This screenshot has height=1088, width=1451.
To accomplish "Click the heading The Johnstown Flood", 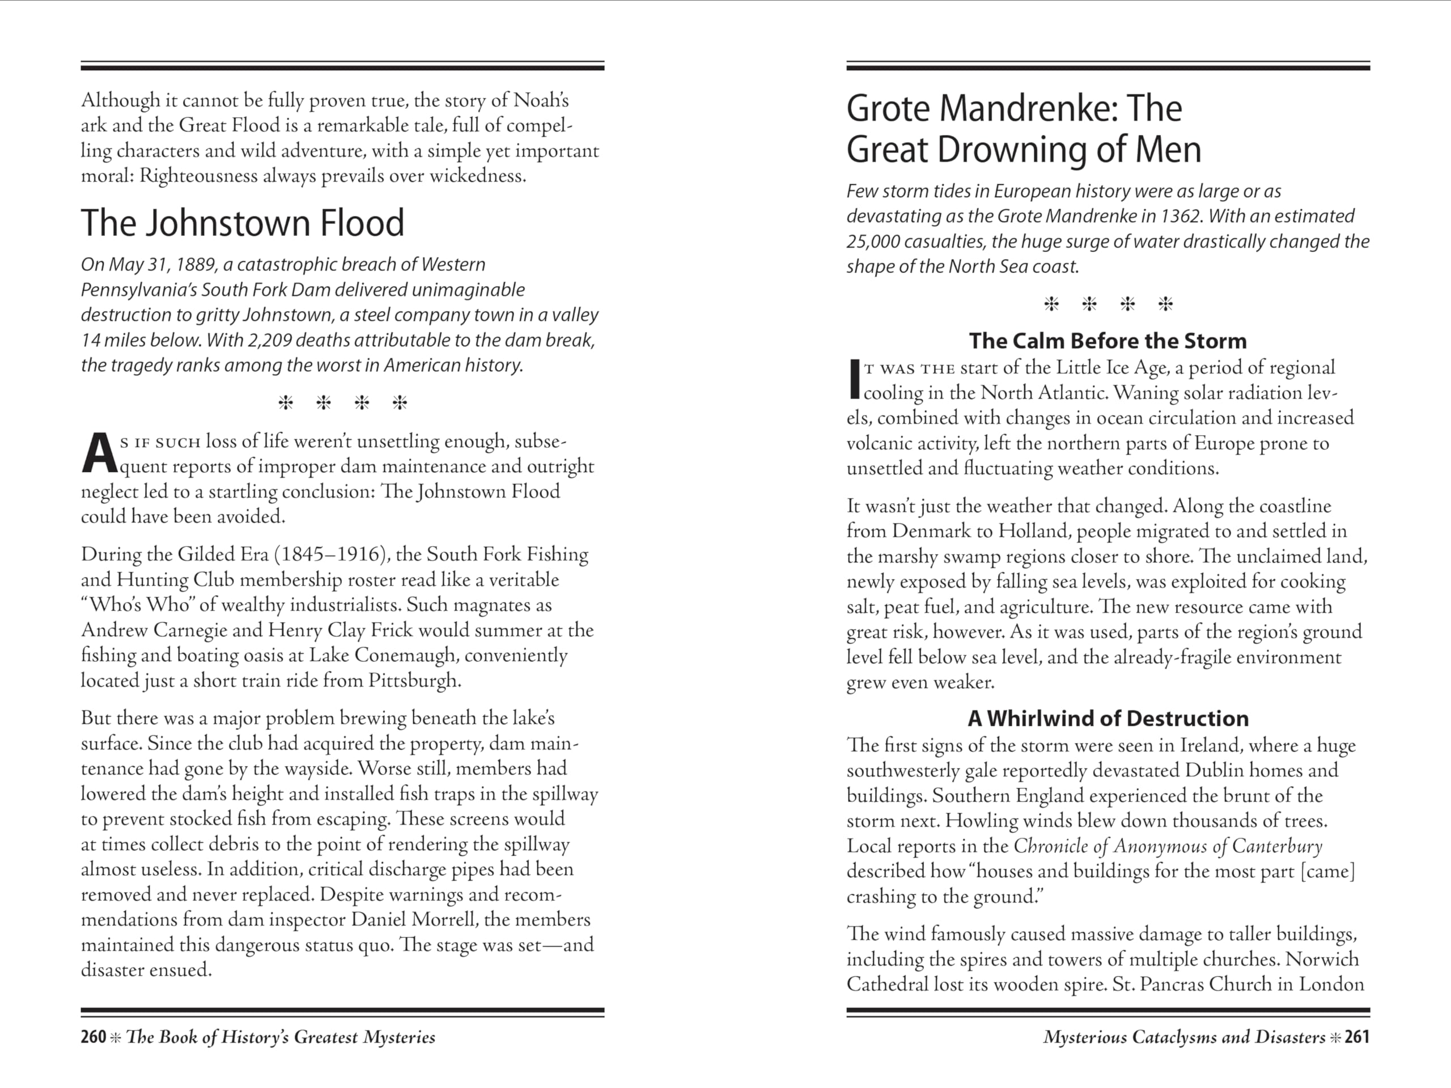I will point(242,223).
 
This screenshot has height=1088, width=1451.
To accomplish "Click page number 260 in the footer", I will point(93,1037).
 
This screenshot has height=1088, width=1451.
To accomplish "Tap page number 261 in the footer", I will point(1356,1037).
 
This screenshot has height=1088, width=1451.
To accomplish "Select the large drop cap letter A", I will point(99,454).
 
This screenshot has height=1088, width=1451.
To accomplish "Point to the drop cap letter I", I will point(854,379).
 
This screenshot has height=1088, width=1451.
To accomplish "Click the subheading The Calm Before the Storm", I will point(1108,341).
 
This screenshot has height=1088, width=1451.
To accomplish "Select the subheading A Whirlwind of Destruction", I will point(1108,719).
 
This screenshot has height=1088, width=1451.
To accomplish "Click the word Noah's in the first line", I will point(541,100).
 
